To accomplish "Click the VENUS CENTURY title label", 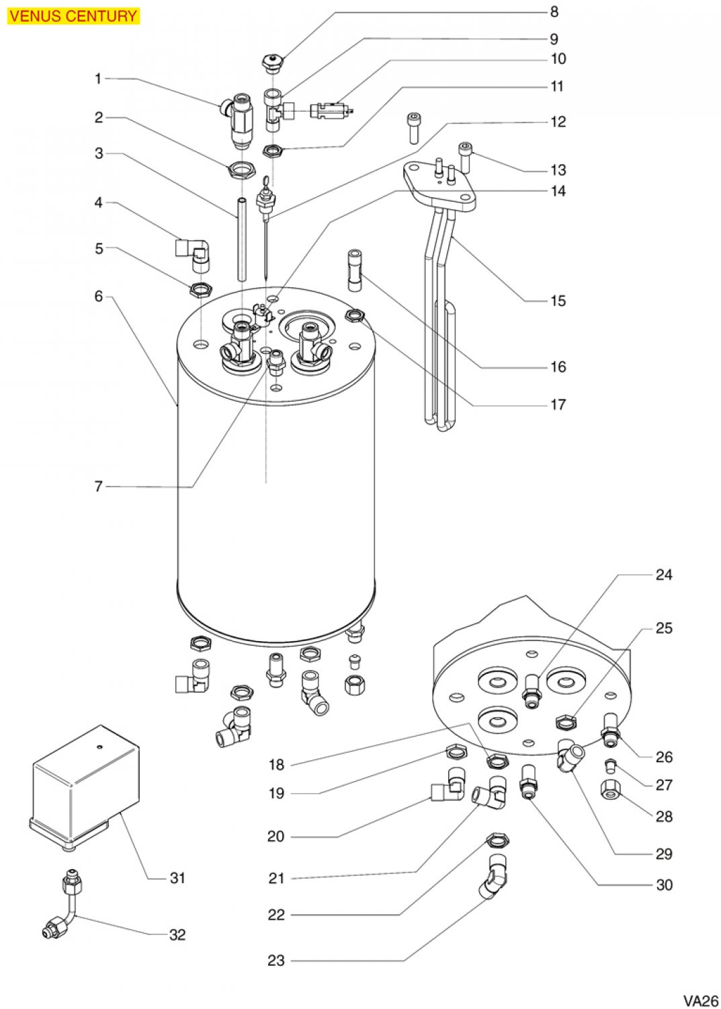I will point(73,16).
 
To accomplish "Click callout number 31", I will point(177,877).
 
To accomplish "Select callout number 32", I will point(177,934).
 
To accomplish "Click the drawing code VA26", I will point(701,1000).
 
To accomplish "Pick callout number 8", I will point(554,11).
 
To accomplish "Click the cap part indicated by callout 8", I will point(273,65).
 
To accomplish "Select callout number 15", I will point(558,301).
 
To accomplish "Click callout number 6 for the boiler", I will point(99,296).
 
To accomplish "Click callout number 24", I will point(664,574).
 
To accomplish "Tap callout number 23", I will point(276,961).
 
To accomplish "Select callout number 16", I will point(558,367).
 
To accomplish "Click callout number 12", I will point(558,122).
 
